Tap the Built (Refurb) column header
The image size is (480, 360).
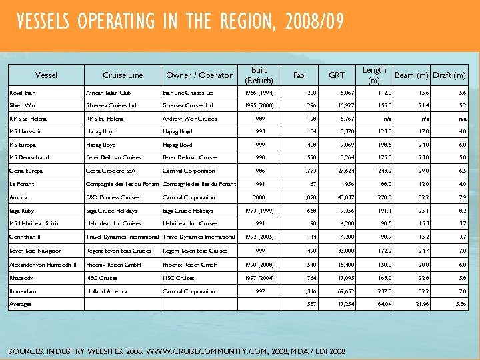259,75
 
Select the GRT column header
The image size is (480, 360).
337,75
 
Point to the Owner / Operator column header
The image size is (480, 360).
199,75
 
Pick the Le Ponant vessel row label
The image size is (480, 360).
22,184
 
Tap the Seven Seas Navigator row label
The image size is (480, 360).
35,251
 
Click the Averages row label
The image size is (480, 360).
21,303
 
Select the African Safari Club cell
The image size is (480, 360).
109,93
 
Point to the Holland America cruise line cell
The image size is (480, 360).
106,291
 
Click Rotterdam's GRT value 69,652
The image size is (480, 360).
339,291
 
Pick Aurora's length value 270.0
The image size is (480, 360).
379,197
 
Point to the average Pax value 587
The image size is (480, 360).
310,303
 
